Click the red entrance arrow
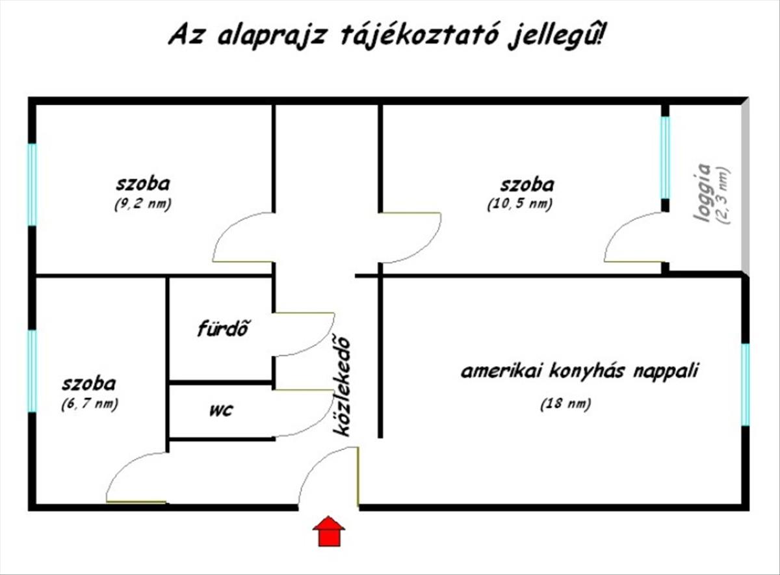[329, 531]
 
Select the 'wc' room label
[221, 410]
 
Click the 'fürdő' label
[224, 328]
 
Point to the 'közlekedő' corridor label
[343, 386]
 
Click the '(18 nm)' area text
[565, 404]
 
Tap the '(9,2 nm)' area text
[142, 204]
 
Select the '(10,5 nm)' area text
[519, 204]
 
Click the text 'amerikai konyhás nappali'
[580, 371]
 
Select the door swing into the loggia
[630, 241]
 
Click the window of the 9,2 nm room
[32, 184]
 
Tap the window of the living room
[745, 384]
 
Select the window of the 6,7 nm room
[32, 371]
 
